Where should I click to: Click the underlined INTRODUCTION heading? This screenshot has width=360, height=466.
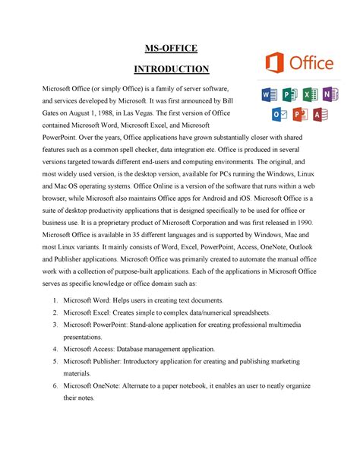tap(171, 70)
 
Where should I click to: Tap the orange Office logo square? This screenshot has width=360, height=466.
tap(274, 63)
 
